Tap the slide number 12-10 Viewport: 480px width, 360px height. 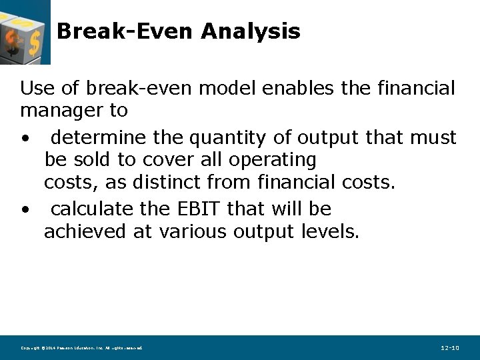pyautogui.click(x=450, y=348)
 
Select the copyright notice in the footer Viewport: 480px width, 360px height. pyautogui.click(x=81, y=348)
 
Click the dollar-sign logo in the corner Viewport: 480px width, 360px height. pyautogui.click(x=25, y=31)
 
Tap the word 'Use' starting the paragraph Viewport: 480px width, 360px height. pyautogui.click(x=34, y=88)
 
